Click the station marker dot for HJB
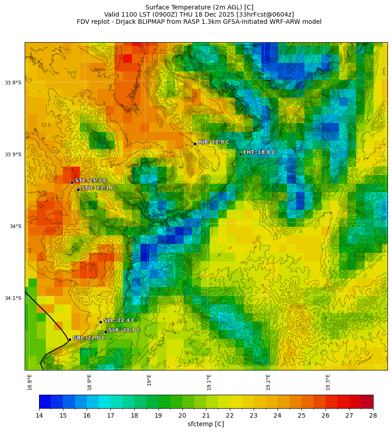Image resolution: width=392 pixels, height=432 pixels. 195,144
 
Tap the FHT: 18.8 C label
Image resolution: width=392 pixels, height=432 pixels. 259,152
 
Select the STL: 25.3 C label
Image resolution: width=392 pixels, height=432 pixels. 91,181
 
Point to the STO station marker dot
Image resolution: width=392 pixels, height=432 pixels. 78,190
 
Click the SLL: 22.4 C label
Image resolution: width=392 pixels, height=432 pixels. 119,320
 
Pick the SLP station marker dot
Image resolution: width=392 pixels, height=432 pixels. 106,332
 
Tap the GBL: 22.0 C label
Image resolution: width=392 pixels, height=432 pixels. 89,338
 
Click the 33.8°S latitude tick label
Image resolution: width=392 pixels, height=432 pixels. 13,83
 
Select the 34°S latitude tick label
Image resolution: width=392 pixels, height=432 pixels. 15,226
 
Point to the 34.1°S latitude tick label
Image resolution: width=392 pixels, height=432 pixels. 13,298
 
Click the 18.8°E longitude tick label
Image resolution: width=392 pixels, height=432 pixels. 30,382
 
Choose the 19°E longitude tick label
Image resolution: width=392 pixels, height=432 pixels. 149,380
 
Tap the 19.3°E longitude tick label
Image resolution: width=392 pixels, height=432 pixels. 328,382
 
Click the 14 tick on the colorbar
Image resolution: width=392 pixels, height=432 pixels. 39,416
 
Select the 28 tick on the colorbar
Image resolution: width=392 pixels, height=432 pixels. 373,416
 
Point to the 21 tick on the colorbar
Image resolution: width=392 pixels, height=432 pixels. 206,416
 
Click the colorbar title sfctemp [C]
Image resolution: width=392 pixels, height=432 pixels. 206,424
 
